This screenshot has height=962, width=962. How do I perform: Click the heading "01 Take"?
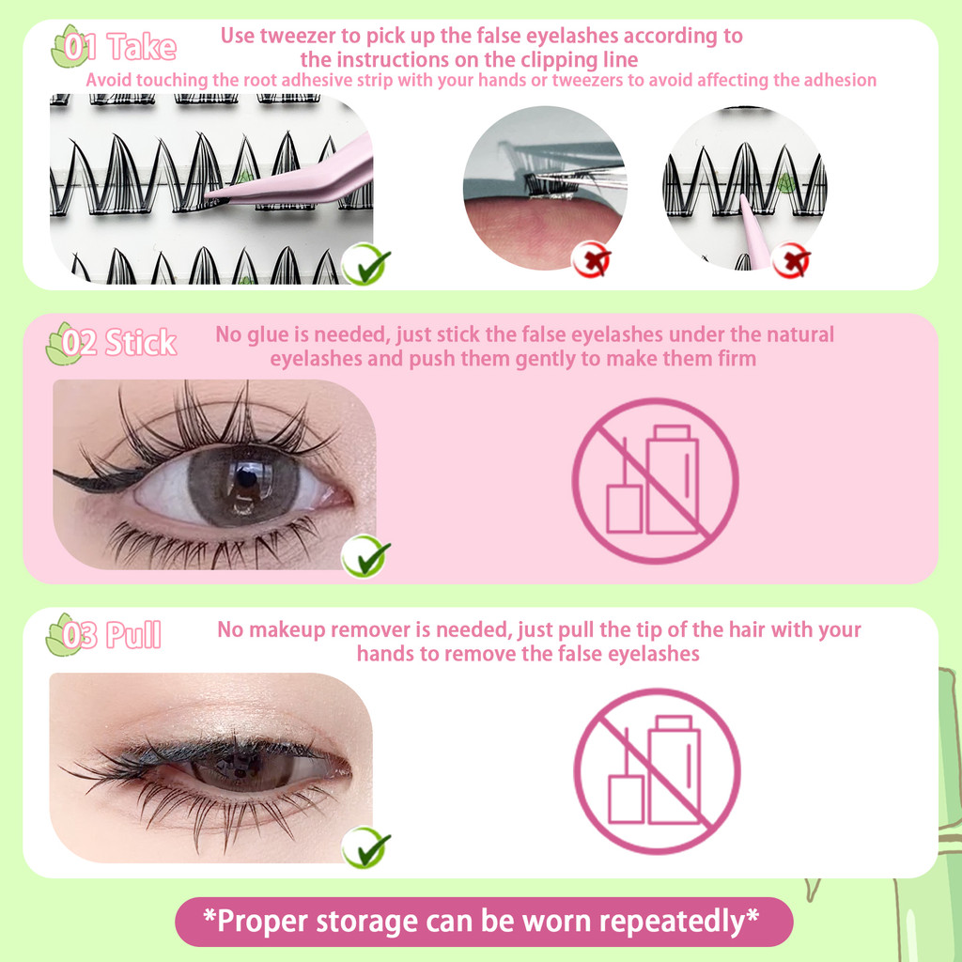[120, 47]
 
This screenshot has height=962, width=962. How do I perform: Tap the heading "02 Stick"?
[119, 342]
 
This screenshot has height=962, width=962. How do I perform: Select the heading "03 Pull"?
[112, 635]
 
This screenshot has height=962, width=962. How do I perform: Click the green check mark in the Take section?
[365, 264]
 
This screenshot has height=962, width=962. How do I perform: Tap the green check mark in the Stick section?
[365, 556]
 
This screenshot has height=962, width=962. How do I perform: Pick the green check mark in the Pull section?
[365, 847]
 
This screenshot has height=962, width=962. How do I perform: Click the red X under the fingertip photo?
[591, 259]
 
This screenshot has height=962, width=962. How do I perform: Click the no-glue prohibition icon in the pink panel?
[655, 480]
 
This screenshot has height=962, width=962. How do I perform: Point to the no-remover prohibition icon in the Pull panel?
[657, 771]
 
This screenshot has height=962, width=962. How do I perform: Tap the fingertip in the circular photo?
[540, 232]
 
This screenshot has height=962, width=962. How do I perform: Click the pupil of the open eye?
[247, 476]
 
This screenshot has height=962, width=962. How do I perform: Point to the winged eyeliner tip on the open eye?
[55, 472]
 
